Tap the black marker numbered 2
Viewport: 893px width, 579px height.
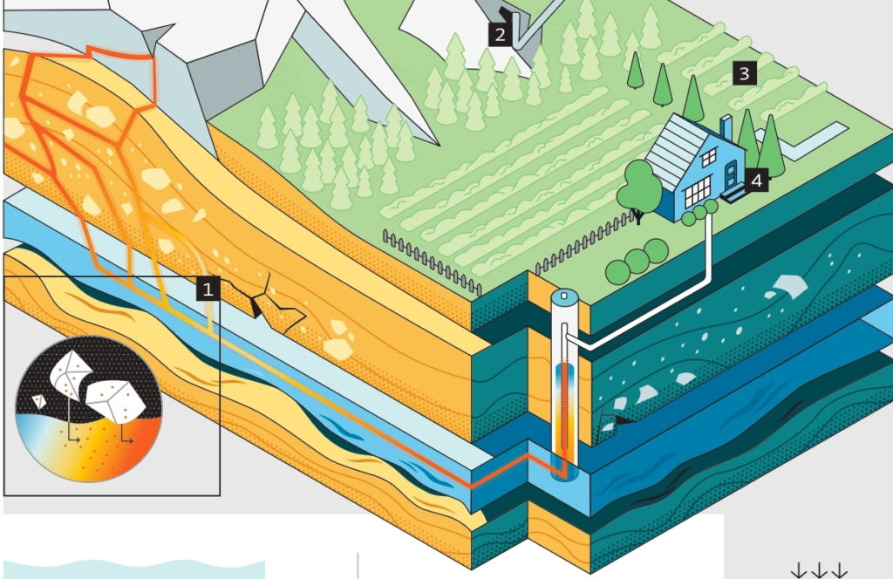[499, 35]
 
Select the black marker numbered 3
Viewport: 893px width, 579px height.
[744, 73]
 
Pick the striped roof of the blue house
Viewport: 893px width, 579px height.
[675, 143]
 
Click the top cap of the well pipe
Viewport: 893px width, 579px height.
[565, 297]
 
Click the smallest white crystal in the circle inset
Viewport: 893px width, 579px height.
[38, 400]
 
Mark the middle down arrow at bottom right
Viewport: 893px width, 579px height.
[819, 571]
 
